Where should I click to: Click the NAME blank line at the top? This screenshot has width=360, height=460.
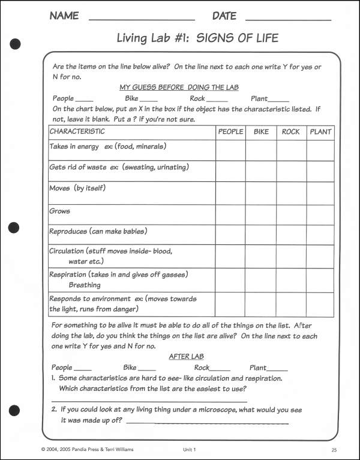click(142, 19)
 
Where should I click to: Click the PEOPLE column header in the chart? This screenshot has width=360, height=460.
click(230, 132)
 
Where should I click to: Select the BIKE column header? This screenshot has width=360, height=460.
click(261, 132)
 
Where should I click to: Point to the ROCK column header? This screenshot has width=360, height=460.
click(291, 132)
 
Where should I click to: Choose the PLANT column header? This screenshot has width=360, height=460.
click(320, 132)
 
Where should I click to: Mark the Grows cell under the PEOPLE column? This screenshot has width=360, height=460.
click(230, 214)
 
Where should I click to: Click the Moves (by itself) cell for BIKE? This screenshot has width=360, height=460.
click(261, 192)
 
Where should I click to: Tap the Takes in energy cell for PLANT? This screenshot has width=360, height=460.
click(320, 150)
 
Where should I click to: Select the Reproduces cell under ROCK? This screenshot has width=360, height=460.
click(291, 234)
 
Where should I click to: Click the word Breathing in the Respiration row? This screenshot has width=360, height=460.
click(85, 285)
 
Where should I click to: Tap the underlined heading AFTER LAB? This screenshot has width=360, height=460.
click(179, 357)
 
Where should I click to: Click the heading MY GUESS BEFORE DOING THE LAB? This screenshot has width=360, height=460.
click(179, 87)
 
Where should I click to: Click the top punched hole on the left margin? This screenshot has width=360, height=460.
click(16, 43)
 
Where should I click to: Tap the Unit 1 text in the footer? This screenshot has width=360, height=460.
click(190, 449)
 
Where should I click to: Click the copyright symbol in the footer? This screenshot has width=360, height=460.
click(43, 449)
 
